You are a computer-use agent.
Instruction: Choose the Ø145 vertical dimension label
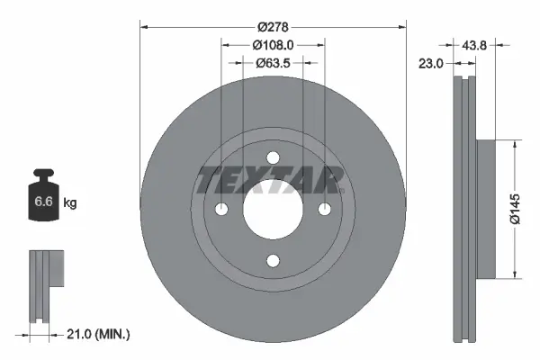pyautogui.click(x=513, y=208)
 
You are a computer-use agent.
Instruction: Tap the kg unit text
pyautogui.click(x=71, y=203)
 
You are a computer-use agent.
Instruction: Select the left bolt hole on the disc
pyautogui.click(x=221, y=210)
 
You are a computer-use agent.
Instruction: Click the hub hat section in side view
pyautogui.click(x=485, y=208)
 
